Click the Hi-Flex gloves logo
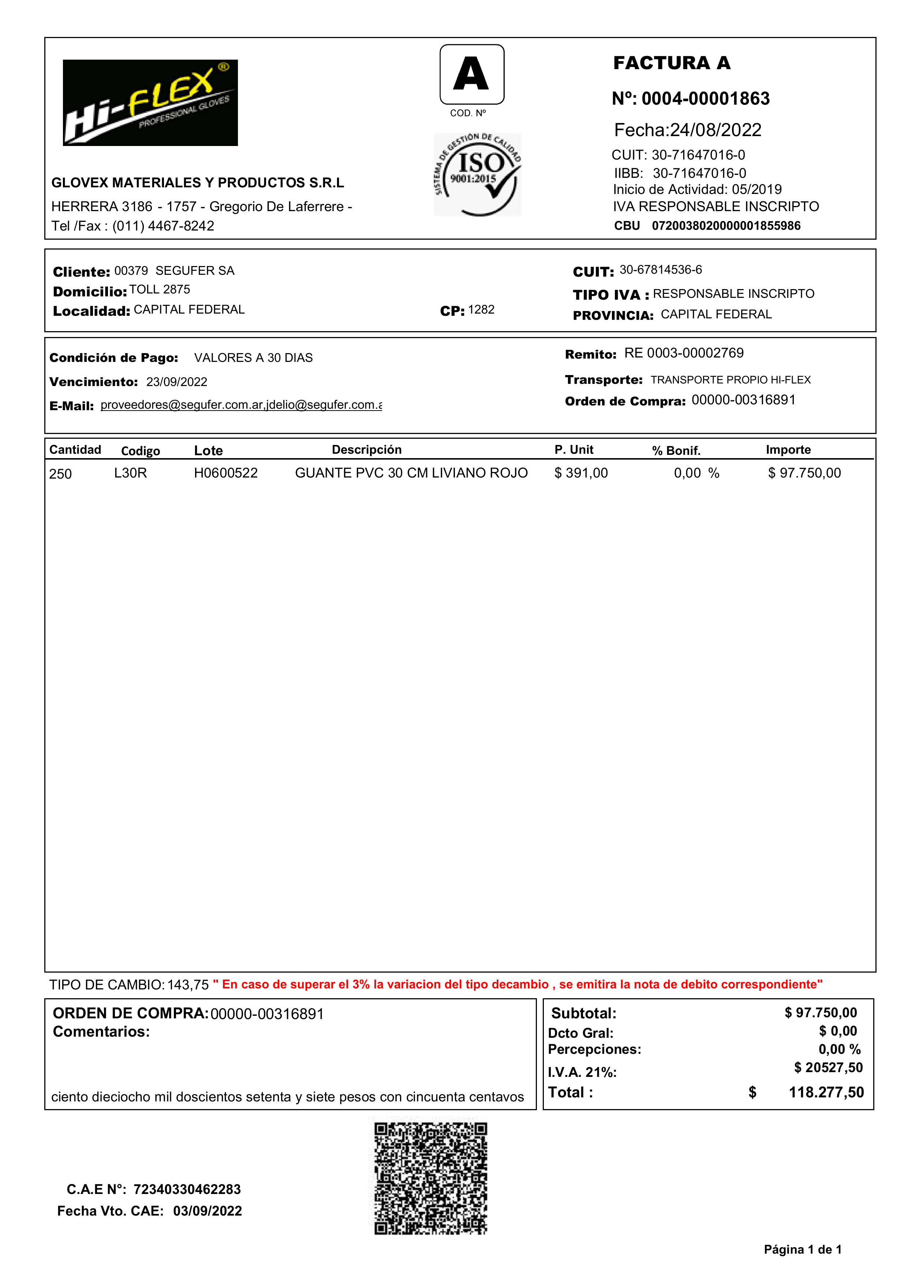point(150,103)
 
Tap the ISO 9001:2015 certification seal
point(477,175)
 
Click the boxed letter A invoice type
point(472,74)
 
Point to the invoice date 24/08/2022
point(715,130)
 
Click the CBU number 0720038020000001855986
point(726,226)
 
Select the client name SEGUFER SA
point(195,271)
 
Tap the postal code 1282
point(481,310)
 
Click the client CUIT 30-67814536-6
point(660,270)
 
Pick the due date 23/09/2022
point(177,382)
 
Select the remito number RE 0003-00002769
point(684,353)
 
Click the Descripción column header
point(366,450)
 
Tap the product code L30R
point(130,473)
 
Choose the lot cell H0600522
point(225,473)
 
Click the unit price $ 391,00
point(581,473)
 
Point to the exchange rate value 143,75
point(188,985)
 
